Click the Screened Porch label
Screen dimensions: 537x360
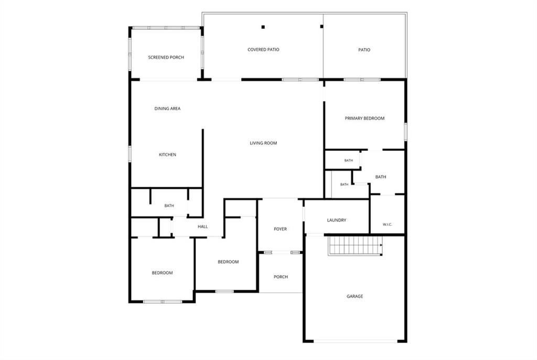pos(166,58)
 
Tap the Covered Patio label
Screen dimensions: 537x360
pos(263,50)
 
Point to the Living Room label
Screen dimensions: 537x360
pos(263,143)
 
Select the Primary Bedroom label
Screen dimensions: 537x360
pos(364,118)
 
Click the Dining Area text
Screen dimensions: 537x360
pos(167,108)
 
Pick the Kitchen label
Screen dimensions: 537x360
pos(167,155)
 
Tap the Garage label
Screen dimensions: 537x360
pos(355,297)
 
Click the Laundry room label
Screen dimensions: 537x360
pos(337,221)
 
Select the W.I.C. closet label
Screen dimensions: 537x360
pos(388,224)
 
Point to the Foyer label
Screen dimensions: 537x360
pos(281,229)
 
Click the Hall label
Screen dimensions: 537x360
pos(203,226)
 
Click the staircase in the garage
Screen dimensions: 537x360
pos(355,245)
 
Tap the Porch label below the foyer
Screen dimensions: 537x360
pos(281,277)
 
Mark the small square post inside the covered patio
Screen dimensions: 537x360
pos(263,27)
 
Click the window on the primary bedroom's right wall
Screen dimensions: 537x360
pos(406,132)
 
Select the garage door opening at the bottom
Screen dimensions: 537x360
pos(356,341)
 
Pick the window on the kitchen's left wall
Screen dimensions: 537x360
pos(130,154)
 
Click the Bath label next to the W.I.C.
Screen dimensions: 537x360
pos(381,177)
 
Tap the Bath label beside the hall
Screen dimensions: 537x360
pos(169,205)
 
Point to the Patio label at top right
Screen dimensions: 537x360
pos(364,50)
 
